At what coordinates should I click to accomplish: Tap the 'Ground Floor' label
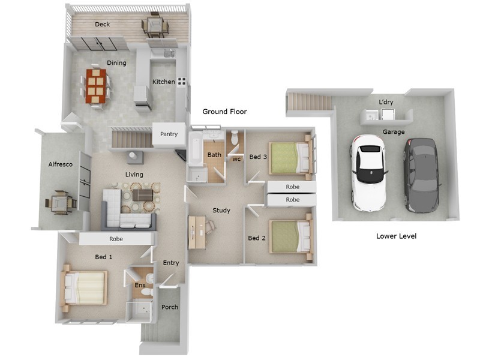pyautogui.click(x=224, y=112)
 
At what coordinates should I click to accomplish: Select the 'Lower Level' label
pyautogui.click(x=396, y=236)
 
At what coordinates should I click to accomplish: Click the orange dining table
pyautogui.click(x=96, y=86)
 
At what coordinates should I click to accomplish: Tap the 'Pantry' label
pyautogui.click(x=169, y=134)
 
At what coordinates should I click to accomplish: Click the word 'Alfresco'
pyautogui.click(x=60, y=164)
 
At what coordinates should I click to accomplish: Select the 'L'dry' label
pyautogui.click(x=386, y=103)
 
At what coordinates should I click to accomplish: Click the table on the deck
pyautogui.click(x=153, y=26)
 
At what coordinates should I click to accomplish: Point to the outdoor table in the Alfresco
pyautogui.click(x=59, y=202)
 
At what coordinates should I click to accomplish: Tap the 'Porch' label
pyautogui.click(x=170, y=307)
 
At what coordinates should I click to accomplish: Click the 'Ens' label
pyautogui.click(x=140, y=285)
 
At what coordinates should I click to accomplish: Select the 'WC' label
pyautogui.click(x=236, y=160)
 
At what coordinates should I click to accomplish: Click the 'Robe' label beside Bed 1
pyautogui.click(x=116, y=238)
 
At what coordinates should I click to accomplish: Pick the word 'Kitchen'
pyautogui.click(x=163, y=82)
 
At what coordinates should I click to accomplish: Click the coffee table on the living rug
pyautogui.click(x=142, y=194)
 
